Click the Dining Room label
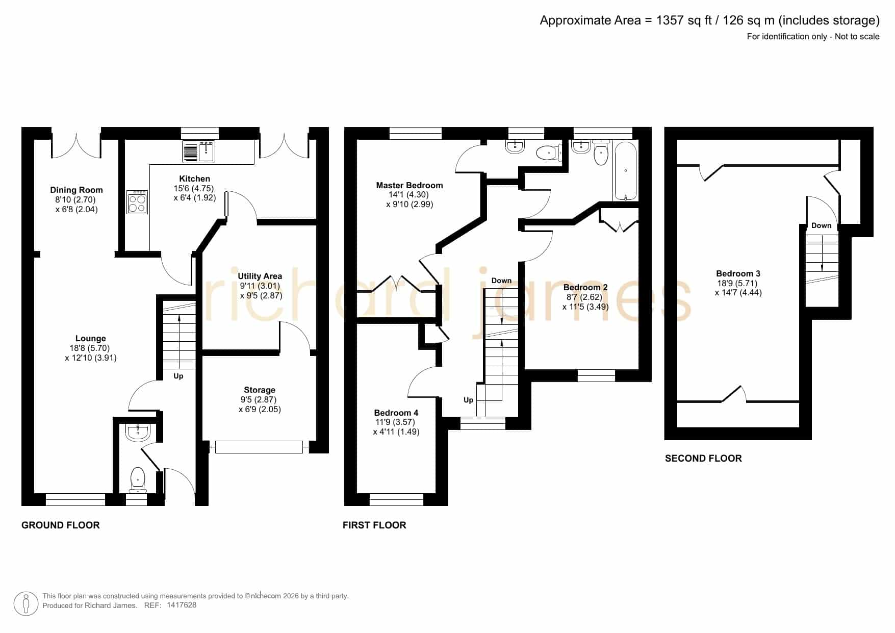[76, 190]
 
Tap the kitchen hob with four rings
[137, 202]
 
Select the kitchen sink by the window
[199, 151]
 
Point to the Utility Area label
[260, 276]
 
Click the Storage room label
[260, 390]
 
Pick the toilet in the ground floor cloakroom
[138, 480]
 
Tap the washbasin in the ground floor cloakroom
[138, 433]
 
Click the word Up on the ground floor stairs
[178, 376]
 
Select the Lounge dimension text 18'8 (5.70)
[91, 348]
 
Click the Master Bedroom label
[410, 185]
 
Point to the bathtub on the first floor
[625, 171]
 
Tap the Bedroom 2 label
[585, 287]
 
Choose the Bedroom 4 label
[396, 413]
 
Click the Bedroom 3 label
[738, 273]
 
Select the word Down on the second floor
[821, 225]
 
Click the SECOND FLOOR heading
[703, 459]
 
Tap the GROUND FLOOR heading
[61, 525]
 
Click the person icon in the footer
[26, 604]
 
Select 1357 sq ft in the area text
[683, 20]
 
